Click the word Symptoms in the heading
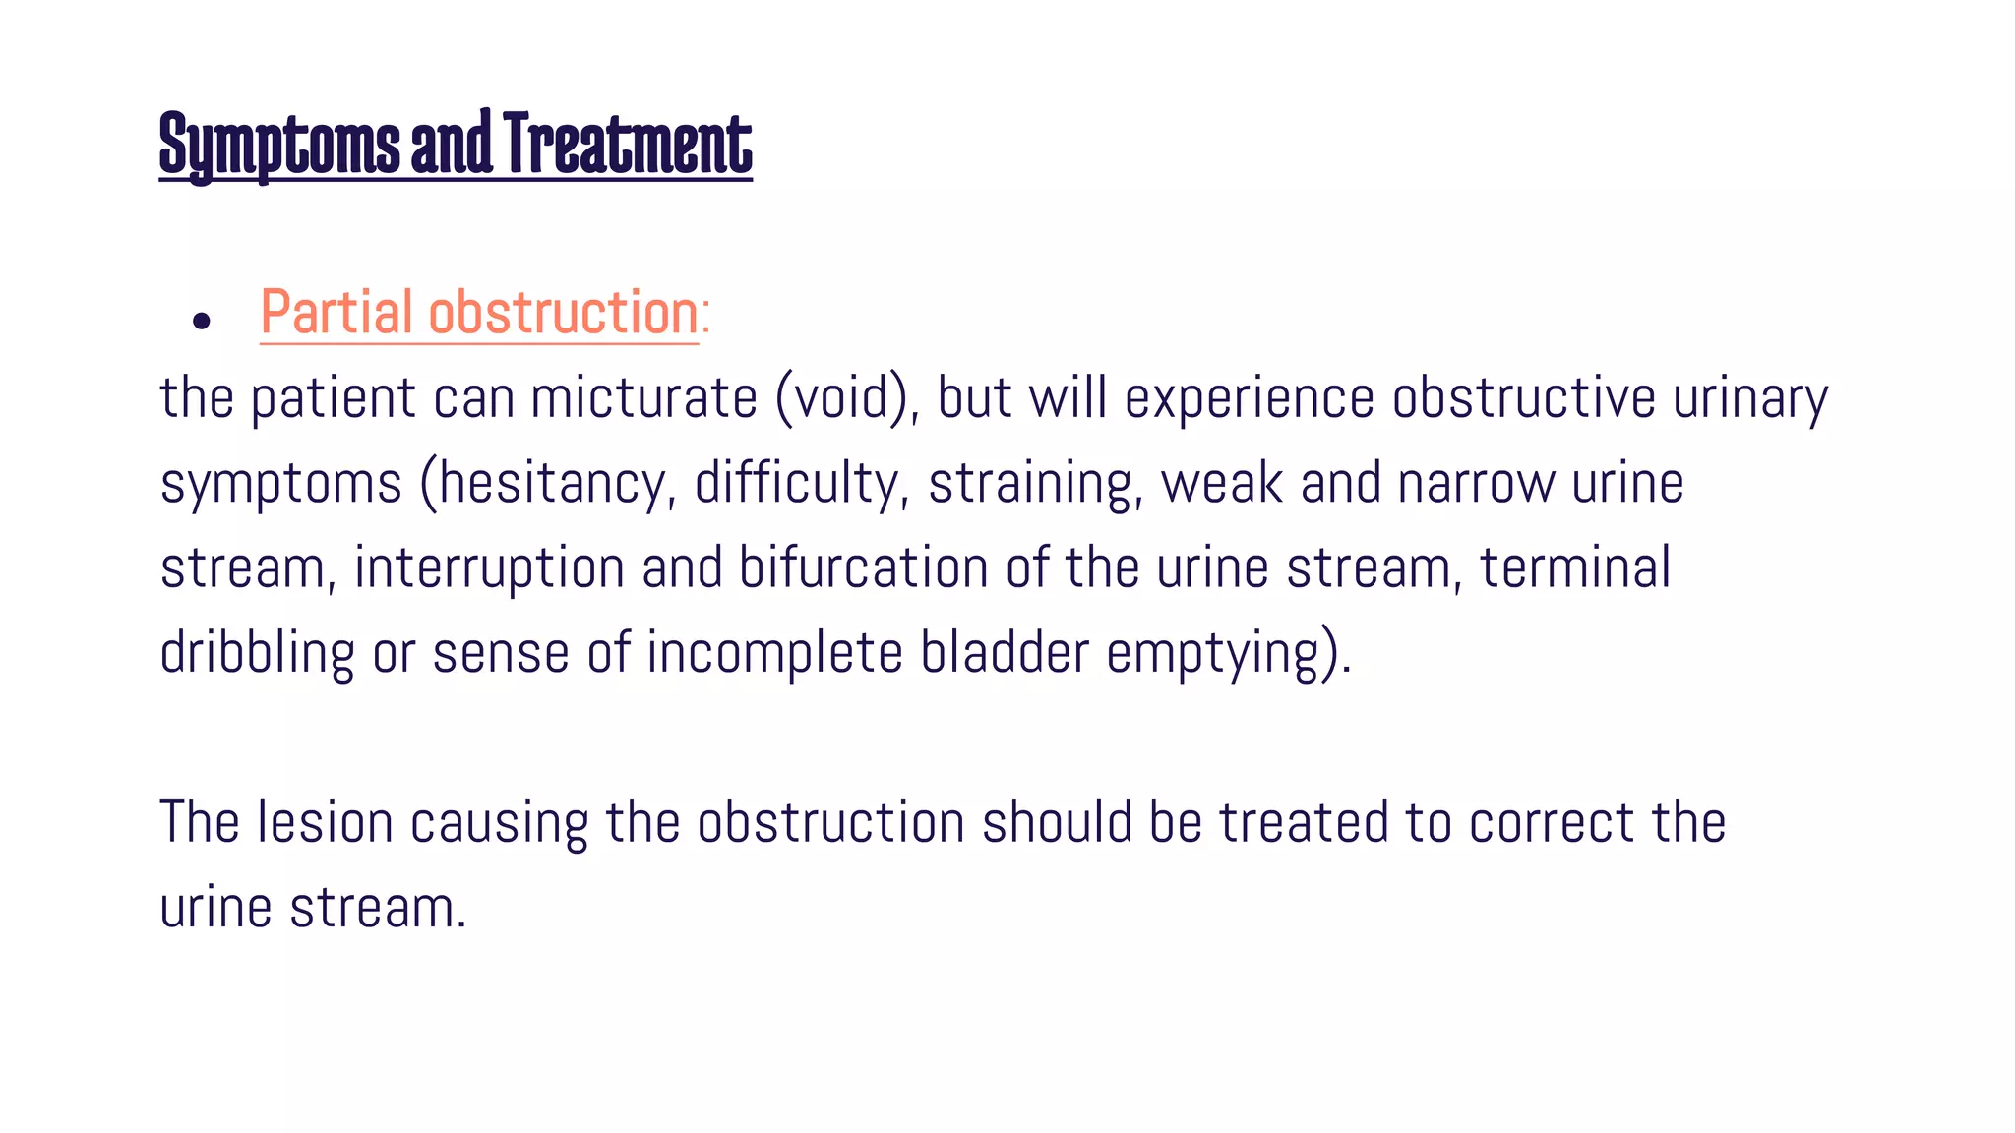pos(279,146)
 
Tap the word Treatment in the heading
pos(627,146)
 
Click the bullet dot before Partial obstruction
pos(202,321)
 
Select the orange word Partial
pos(336,313)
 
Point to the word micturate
pos(643,398)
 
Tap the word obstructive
pos(1524,398)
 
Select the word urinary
pos(1750,398)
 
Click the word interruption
pos(489,568)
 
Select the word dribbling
pos(257,653)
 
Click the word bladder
pos(1005,653)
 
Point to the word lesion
pos(325,822)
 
